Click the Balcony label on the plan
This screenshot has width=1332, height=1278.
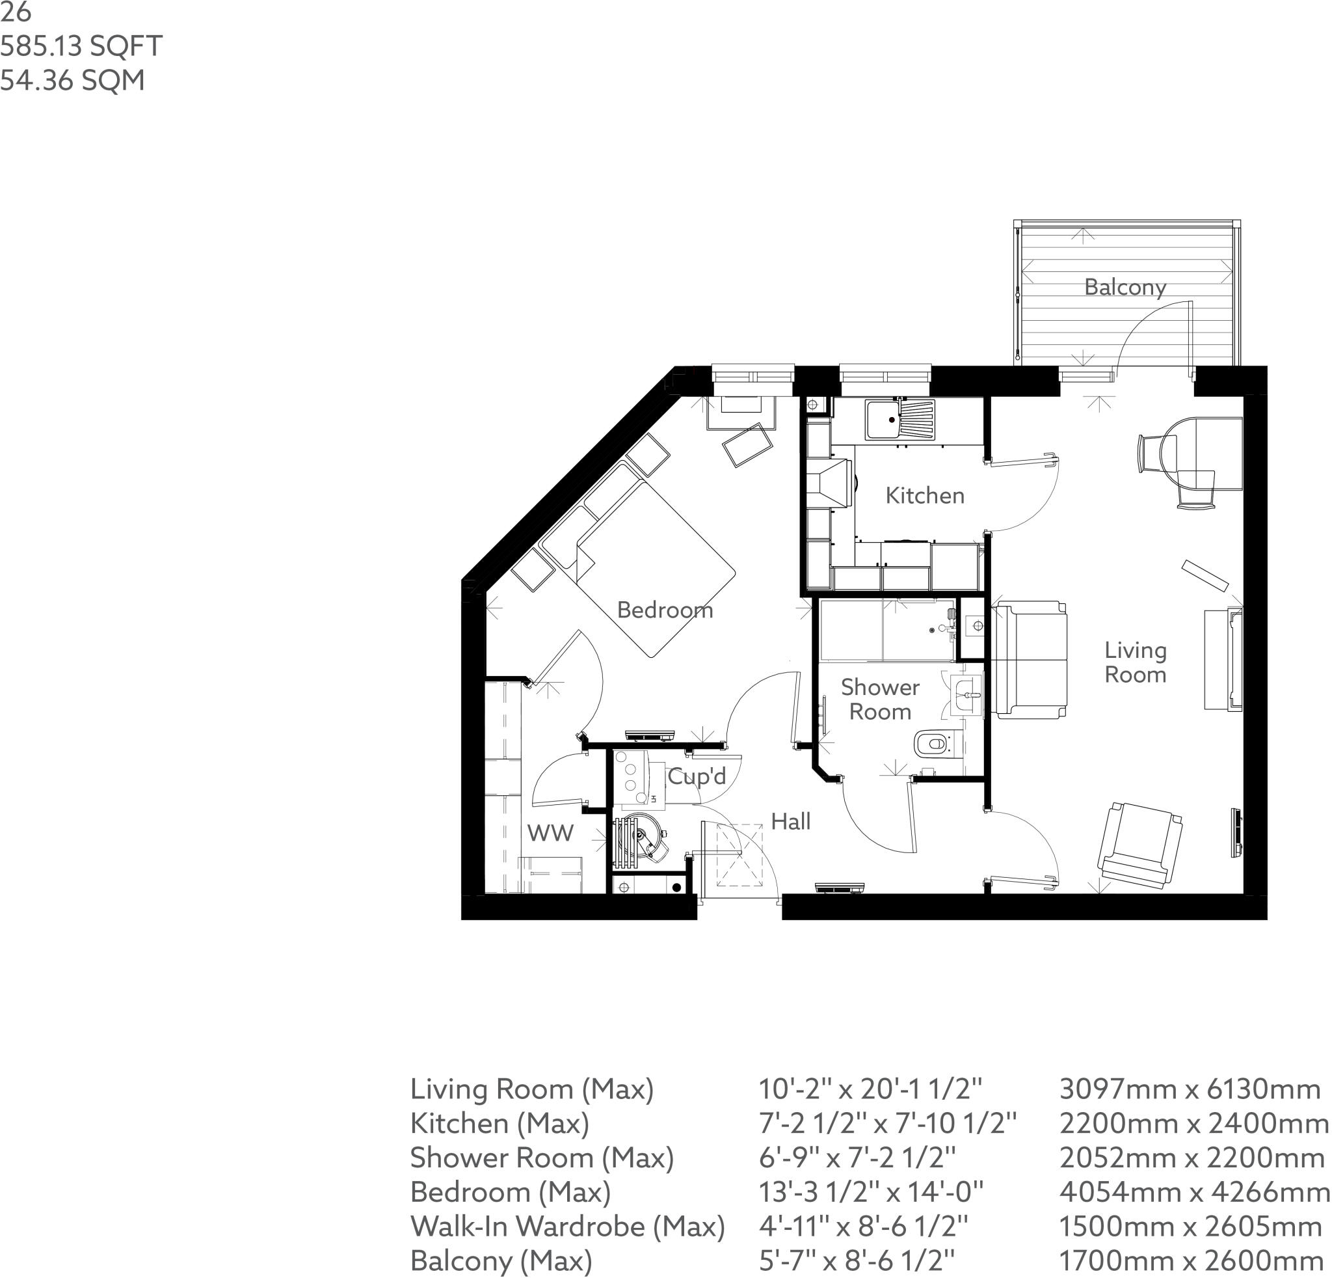(x=1125, y=287)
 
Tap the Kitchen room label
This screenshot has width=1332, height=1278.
(x=925, y=496)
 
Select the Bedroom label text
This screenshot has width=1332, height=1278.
(x=665, y=610)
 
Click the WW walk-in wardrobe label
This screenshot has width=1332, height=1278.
(x=550, y=833)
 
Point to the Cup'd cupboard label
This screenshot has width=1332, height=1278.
(x=697, y=776)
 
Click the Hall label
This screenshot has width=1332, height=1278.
(x=790, y=821)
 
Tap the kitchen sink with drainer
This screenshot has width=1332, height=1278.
(x=899, y=420)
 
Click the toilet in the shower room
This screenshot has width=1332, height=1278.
(x=935, y=744)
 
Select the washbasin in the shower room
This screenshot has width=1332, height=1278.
(x=967, y=696)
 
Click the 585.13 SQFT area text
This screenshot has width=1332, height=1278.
(x=81, y=46)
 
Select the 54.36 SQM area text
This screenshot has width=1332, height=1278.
(x=72, y=80)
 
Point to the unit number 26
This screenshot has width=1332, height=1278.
(x=15, y=12)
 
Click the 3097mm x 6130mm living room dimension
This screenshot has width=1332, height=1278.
(x=1190, y=1089)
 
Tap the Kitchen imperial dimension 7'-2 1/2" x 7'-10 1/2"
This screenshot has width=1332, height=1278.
(x=888, y=1123)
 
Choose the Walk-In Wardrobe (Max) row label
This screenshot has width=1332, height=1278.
(x=567, y=1226)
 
